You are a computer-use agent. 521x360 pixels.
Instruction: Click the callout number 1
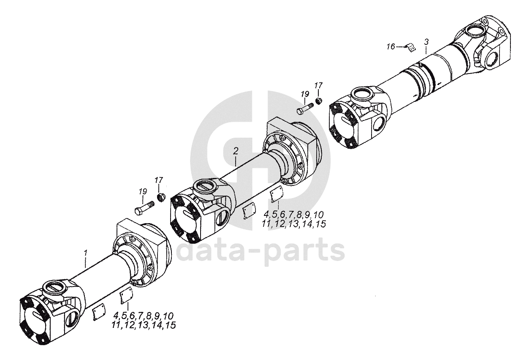pyautogui.click(x=86, y=253)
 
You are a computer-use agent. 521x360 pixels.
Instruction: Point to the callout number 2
pyautogui.click(x=236, y=151)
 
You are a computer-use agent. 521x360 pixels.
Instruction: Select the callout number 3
pyautogui.click(x=426, y=42)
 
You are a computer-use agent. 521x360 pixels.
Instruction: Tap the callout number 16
pyautogui.click(x=391, y=47)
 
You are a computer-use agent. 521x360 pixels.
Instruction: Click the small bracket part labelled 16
pyautogui.click(x=411, y=48)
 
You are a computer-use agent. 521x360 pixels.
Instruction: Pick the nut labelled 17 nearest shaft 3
pyautogui.click(x=318, y=101)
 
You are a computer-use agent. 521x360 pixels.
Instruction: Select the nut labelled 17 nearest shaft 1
pyautogui.click(x=161, y=197)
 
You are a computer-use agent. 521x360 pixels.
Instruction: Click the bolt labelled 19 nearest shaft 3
pyautogui.click(x=305, y=109)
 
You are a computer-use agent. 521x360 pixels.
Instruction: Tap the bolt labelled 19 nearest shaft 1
pyautogui.click(x=145, y=208)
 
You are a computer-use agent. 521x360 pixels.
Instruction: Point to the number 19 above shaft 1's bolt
pyautogui.click(x=143, y=191)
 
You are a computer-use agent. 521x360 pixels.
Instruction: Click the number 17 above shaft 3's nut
pyautogui.click(x=318, y=86)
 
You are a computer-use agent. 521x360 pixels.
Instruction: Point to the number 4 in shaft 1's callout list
pyautogui.click(x=117, y=316)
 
